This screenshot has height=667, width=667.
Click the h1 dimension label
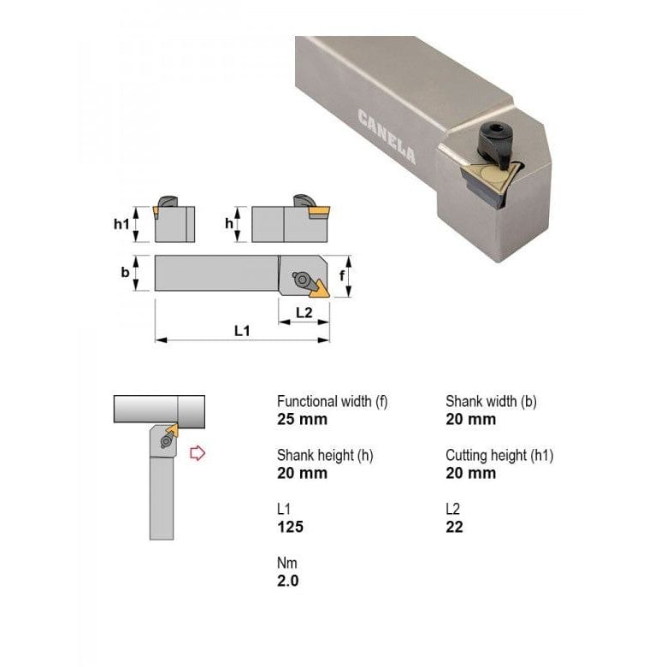122,224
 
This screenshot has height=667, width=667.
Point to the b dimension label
125,273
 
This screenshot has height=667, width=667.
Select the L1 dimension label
242,330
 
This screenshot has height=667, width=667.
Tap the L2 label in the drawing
304,312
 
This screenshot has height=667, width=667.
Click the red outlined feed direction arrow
198,452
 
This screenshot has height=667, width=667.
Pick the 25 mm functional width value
302,419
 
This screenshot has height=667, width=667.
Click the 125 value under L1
290,527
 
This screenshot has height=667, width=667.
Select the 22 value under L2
454,527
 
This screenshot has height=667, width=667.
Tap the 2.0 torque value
288,581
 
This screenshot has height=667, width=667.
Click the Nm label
286,563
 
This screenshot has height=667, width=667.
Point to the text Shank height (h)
325,455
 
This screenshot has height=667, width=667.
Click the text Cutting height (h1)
499,455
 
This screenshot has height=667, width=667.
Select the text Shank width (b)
491,401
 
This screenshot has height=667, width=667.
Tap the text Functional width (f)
332,401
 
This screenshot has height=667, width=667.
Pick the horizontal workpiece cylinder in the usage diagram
159,409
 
